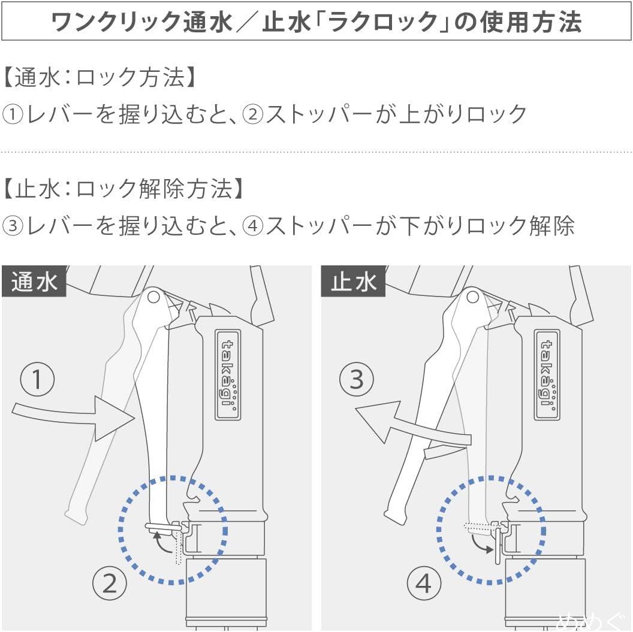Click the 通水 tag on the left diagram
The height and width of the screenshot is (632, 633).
tap(34, 282)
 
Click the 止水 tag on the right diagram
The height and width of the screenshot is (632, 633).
tap(353, 282)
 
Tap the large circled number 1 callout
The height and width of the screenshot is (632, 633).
tap(37, 379)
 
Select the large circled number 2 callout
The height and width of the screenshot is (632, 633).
tap(110, 583)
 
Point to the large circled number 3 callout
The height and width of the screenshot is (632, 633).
tap(357, 379)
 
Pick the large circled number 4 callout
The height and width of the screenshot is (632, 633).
tap(423, 583)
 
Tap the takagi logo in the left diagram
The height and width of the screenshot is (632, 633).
tap(228, 374)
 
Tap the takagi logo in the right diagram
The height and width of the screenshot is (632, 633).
tap(547, 374)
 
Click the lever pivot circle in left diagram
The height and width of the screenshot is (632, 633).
tap(153, 297)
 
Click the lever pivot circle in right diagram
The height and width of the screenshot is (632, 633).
tap(473, 297)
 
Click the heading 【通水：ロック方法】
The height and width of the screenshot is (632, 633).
tap(100, 77)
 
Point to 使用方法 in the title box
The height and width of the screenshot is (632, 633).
tap(530, 22)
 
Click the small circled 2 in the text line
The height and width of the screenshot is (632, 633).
tap(253, 114)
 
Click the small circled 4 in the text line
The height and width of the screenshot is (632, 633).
tap(253, 226)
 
